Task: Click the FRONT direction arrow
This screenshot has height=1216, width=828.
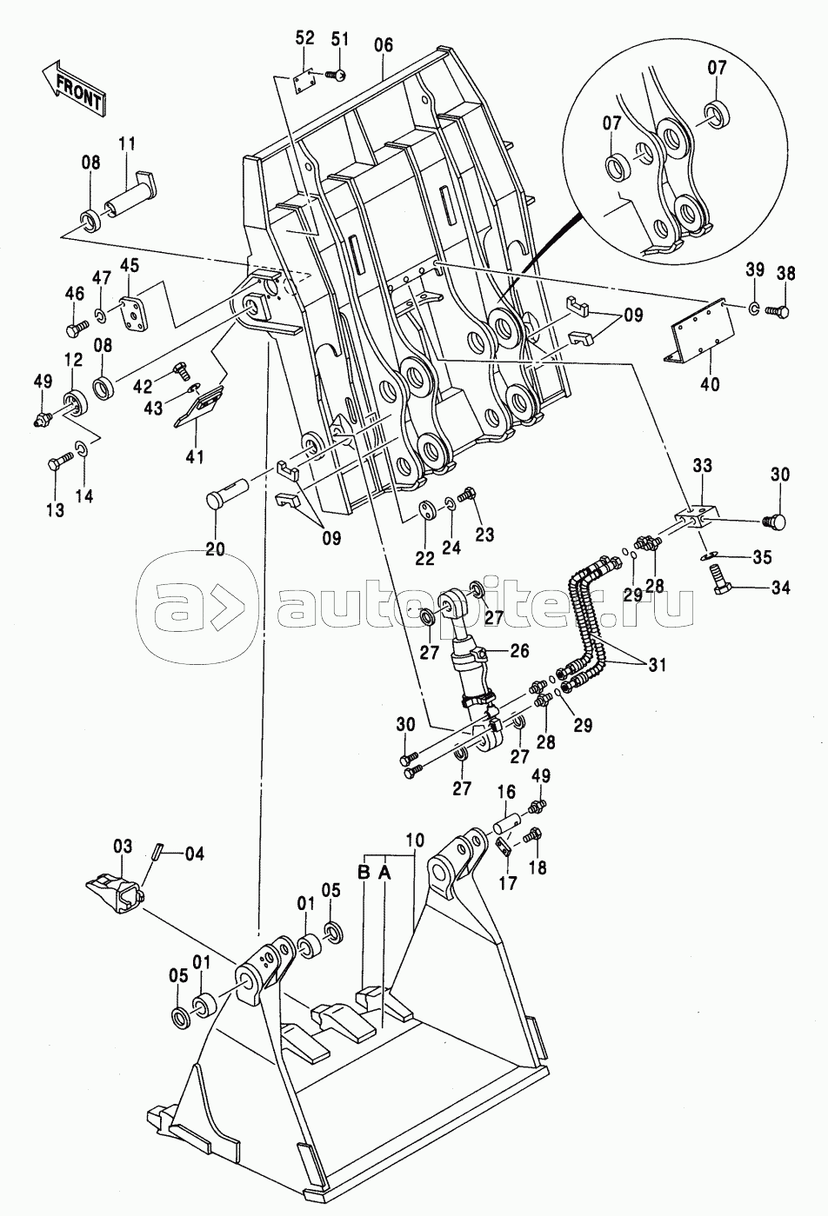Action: pos(74,88)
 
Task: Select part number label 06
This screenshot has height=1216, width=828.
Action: pos(383,45)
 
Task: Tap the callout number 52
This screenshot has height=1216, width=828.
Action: pos(304,37)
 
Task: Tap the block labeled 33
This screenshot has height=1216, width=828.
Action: pos(697,518)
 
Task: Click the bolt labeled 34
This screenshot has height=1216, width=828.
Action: pos(721,579)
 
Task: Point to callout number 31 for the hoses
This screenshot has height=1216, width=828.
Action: pos(658,665)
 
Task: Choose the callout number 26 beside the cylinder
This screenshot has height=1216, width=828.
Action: pos(520,650)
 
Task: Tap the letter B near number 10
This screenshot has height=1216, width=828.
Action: pos(364,873)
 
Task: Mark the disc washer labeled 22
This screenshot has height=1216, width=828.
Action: pos(429,511)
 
